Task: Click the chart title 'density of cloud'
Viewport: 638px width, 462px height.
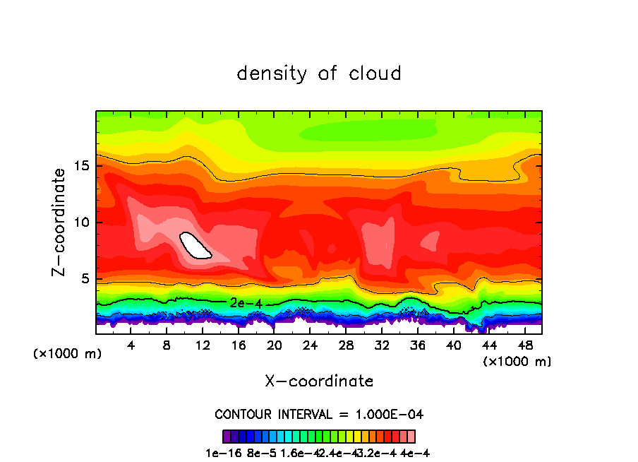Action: pyautogui.click(x=319, y=73)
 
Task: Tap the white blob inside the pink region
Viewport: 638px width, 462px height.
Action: pyautogui.click(x=195, y=246)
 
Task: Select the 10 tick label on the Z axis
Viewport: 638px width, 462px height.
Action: pyautogui.click(x=83, y=223)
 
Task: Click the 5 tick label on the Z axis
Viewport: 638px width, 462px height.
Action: pyautogui.click(x=87, y=278)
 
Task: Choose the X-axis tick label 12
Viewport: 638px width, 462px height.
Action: pyautogui.click(x=203, y=346)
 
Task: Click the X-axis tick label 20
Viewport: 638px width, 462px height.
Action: pyautogui.click(x=274, y=346)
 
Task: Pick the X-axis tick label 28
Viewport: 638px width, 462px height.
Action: pyautogui.click(x=346, y=346)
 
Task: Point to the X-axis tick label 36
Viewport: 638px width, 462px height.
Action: pyautogui.click(x=417, y=346)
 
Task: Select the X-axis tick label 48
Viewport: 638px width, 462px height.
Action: pyautogui.click(x=524, y=346)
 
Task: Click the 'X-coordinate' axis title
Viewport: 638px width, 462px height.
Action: pyautogui.click(x=319, y=381)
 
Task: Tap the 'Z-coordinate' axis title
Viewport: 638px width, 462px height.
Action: pyautogui.click(x=61, y=223)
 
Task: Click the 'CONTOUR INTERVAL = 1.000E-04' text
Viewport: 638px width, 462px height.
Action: pyautogui.click(x=319, y=414)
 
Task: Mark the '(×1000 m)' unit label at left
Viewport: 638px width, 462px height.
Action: pyautogui.click(x=68, y=353)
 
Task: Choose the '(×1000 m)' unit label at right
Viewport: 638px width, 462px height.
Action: pyautogui.click(x=517, y=362)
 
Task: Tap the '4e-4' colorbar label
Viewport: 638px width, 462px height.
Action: pyautogui.click(x=415, y=454)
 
